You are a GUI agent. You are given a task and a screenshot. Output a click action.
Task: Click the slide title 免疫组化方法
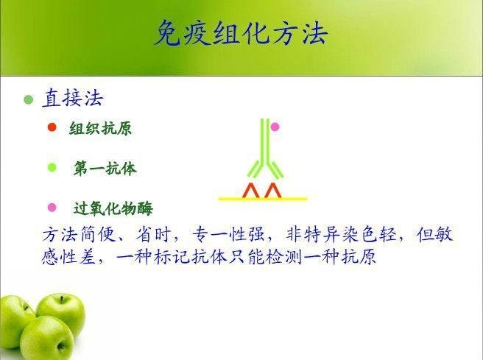pos(241,33)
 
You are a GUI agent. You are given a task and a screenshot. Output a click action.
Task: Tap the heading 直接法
pos(73,99)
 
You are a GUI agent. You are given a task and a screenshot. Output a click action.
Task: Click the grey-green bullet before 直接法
pos(28,99)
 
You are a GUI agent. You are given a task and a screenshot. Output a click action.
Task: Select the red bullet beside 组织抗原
pos(52,127)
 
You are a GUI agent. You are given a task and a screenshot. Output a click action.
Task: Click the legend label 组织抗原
pos(100,128)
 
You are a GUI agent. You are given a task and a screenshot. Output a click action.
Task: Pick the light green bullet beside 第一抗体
pos(52,168)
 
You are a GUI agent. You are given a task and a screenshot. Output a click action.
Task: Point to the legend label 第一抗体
pos(105,169)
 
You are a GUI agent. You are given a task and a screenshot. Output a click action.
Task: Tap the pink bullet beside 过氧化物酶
pos(52,208)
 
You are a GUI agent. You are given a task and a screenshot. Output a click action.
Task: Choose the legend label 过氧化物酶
pos(113,208)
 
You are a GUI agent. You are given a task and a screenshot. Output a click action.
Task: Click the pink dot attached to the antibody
pos(275,127)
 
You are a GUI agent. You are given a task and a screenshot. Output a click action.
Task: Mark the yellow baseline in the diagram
pos(263,199)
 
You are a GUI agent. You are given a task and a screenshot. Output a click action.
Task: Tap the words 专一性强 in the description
pos(228,235)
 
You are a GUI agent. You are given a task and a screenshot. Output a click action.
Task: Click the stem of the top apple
pos(62,299)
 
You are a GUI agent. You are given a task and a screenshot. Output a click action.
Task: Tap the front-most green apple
pos(47,338)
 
